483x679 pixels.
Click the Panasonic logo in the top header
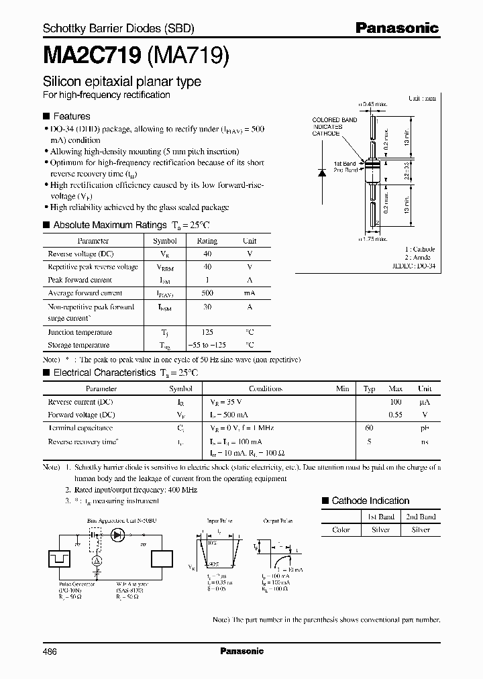coord(397,28)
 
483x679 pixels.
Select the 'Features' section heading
coord(71,116)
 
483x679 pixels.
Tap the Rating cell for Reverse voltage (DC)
coord(207,254)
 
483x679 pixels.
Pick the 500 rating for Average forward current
coord(207,293)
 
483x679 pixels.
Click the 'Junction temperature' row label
coord(80,332)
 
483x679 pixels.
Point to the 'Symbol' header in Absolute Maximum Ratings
coord(165,241)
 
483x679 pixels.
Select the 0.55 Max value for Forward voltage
coord(395,415)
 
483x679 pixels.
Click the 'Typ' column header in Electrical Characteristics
coord(369,388)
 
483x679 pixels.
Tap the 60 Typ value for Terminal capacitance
coord(369,427)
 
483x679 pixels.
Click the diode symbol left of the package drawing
coord(321,172)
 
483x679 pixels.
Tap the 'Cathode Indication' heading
coord(370,501)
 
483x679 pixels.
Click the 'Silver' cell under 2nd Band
coord(421,529)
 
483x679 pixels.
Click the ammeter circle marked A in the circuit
coord(95,560)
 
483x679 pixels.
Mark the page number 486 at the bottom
coord(51,651)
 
